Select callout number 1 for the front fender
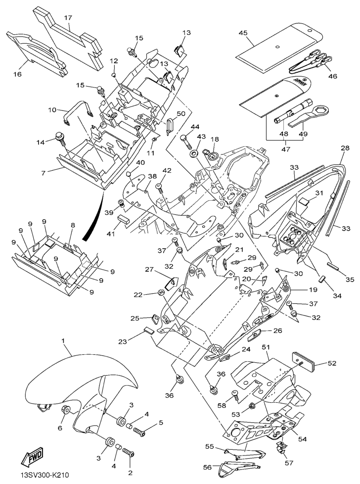coord(63,341)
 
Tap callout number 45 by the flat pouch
coord(243,33)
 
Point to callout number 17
coord(68,18)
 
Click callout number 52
coord(331,363)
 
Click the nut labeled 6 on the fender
coord(65,410)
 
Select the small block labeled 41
coord(124,220)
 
